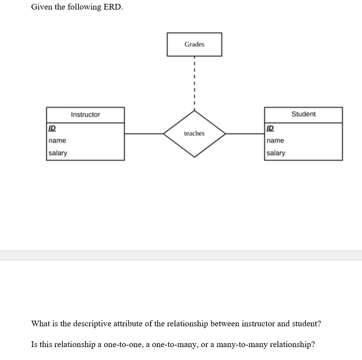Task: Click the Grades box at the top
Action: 194,45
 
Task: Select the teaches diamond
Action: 194,134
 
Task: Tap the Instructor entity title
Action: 85,115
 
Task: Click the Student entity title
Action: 303,114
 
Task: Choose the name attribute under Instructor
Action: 58,140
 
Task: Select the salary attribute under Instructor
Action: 58,153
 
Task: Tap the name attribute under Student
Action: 276,140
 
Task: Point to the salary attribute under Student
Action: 276,153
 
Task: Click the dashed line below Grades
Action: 195,82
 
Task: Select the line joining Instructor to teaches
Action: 144,134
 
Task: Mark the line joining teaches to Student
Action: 245,134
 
